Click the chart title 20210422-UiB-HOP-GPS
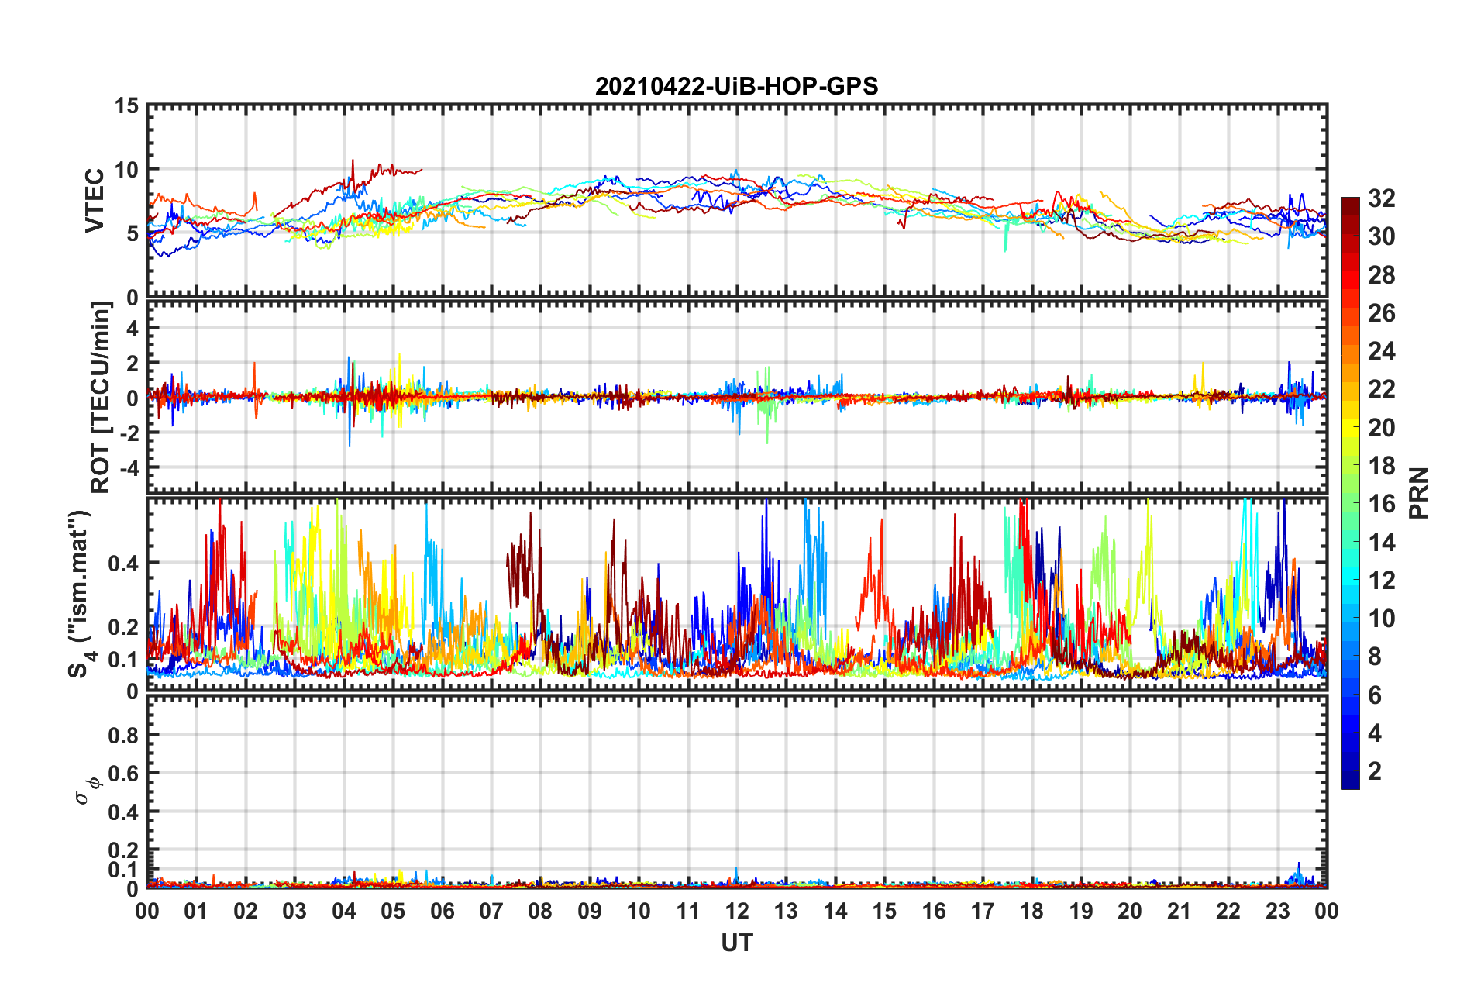click(736, 86)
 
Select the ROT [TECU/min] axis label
click(101, 398)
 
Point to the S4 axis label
click(80, 594)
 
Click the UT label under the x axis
click(736, 943)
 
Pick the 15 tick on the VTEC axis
click(126, 106)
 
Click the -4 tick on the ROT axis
click(128, 468)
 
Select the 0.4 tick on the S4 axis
click(122, 564)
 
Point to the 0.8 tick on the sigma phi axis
click(122, 736)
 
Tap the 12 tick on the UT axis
click(737, 912)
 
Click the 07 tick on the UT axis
click(491, 912)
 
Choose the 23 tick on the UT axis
click(1277, 912)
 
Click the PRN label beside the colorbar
click(1418, 493)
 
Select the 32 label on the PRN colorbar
click(1381, 198)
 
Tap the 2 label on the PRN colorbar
click(1375, 771)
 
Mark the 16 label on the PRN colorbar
click(1381, 504)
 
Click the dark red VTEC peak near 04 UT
click(353, 161)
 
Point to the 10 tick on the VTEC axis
click(126, 170)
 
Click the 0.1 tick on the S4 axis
click(122, 660)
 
